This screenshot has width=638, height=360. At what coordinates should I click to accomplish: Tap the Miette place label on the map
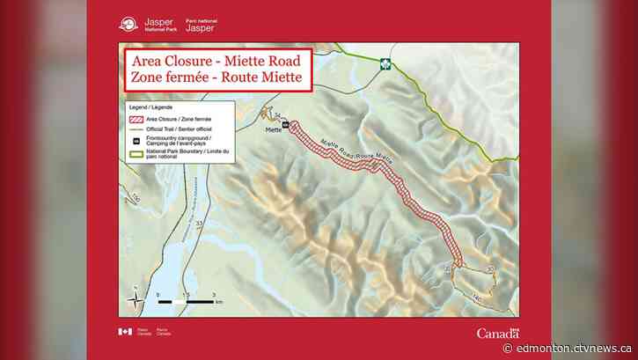(x=274, y=130)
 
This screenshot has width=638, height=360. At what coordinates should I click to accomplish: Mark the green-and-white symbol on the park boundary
(x=385, y=63)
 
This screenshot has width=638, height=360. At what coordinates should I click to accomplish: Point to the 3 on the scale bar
(x=215, y=293)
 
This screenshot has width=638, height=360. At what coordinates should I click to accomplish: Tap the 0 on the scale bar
(x=159, y=293)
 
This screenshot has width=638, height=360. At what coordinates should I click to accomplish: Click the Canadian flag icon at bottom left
(x=125, y=331)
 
